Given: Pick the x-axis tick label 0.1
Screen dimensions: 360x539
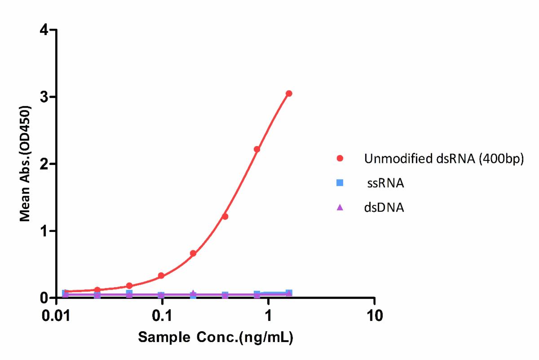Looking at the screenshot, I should pyautogui.click(x=163, y=316).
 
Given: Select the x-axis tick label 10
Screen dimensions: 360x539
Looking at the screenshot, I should pyautogui.click(x=374, y=316).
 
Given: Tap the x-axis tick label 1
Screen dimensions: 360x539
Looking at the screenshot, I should pyautogui.click(x=268, y=316).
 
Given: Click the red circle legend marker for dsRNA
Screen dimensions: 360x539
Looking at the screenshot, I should pyautogui.click(x=340, y=158).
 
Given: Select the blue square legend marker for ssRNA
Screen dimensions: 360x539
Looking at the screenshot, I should pyautogui.click(x=340, y=183).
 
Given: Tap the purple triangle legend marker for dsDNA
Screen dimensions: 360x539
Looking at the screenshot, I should pyautogui.click(x=340, y=207).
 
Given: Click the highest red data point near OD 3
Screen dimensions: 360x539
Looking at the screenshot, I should pyautogui.click(x=289, y=93).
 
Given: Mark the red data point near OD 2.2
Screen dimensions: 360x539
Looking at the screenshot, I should pyautogui.click(x=257, y=149).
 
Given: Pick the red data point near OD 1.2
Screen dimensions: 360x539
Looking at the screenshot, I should pyautogui.click(x=225, y=217).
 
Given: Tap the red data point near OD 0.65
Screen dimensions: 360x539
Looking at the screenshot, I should pyautogui.click(x=193, y=253).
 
